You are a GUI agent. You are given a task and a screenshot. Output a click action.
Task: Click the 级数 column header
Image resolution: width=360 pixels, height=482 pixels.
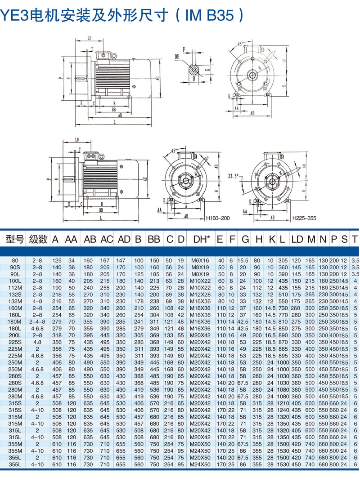tap(38, 239)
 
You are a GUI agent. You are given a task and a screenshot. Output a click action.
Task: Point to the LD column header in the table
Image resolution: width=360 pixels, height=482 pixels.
tap(297, 239)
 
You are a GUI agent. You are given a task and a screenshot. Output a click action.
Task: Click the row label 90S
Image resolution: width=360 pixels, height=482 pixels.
tap(15, 267)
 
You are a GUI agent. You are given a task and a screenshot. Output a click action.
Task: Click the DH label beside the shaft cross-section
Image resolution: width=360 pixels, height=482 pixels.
tap(177, 57)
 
